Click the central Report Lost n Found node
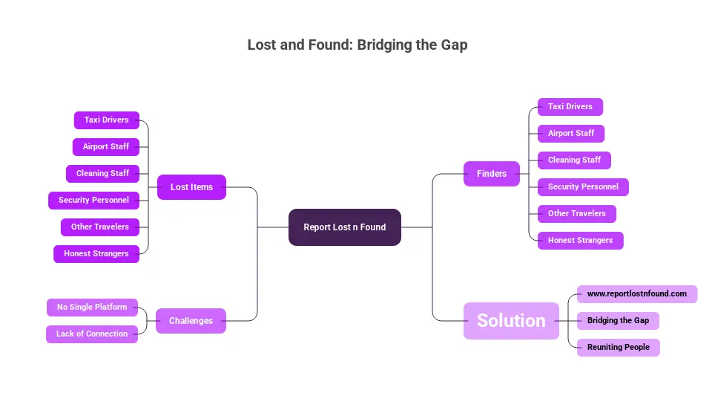[x=344, y=227]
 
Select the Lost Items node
[x=191, y=187]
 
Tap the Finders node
[x=492, y=174]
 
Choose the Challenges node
[x=191, y=321]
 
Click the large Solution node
[x=511, y=321]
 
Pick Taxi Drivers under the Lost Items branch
[x=106, y=120]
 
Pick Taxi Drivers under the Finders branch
[x=570, y=107]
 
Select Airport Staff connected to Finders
[x=570, y=134]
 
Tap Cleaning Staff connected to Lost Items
[x=102, y=174]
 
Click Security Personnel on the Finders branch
[x=583, y=187]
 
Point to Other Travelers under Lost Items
[x=99, y=227]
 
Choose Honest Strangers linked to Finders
[x=580, y=241]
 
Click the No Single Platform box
[x=92, y=308]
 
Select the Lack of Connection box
[x=92, y=334]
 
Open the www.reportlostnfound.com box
[x=636, y=294]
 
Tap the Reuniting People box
[x=618, y=348]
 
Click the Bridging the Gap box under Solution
[x=618, y=321]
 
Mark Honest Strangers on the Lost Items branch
[x=96, y=254]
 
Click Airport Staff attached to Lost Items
[x=105, y=147]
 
